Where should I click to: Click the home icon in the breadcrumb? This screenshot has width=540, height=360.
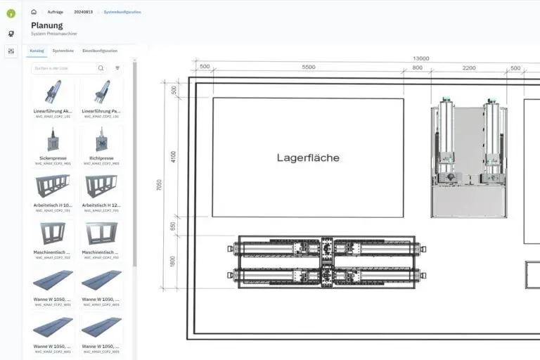pos(34,12)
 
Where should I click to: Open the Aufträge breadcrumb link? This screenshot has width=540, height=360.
pos(55,12)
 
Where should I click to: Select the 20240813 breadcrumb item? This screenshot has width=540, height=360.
pos(84,12)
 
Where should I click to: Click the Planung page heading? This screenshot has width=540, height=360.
pos(46,25)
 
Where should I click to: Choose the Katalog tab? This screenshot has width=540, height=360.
pos(37,51)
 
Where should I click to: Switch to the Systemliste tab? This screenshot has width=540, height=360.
pos(63,51)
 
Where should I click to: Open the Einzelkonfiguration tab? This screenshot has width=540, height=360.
pos(100,51)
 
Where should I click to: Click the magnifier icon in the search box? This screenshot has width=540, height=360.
pos(101,68)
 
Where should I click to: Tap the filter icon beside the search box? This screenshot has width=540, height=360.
pos(117,68)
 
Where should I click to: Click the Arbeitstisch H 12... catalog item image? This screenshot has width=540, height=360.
pos(101,186)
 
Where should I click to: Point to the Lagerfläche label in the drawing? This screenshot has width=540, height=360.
pos(308,157)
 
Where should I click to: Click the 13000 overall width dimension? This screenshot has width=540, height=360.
pos(420,58)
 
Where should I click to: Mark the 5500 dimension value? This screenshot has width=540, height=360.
pos(308,67)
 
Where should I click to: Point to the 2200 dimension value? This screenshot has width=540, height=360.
pos(468,67)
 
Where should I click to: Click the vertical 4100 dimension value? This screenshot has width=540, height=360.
pos(174,157)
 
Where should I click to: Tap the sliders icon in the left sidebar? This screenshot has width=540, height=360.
pos(11,51)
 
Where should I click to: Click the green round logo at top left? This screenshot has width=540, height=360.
pos(11,13)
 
